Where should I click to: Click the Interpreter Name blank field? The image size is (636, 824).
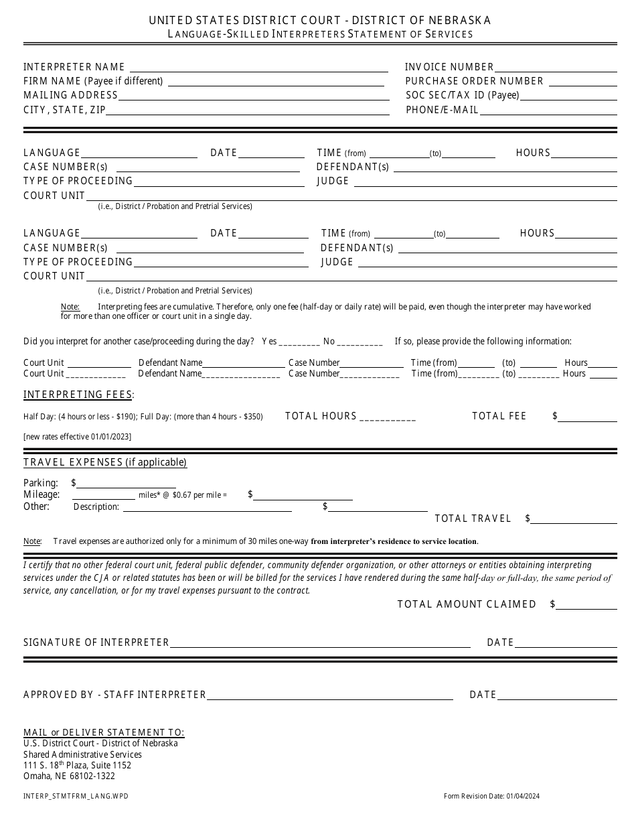pyautogui.click(x=259, y=68)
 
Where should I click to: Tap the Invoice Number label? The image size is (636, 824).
pyautogui.click(x=449, y=67)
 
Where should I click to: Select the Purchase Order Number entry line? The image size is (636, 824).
pyautogui.click(x=581, y=81)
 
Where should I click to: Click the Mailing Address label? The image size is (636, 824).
pyautogui.click(x=70, y=95)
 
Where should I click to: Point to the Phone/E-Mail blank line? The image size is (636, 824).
pyautogui.click(x=548, y=110)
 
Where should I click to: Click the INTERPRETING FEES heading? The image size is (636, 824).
pyautogui.click(x=78, y=394)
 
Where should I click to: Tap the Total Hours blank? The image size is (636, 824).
pyautogui.click(x=388, y=417)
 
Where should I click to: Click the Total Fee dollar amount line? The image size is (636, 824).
pyautogui.click(x=588, y=417)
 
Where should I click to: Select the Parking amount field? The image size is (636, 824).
pyautogui.click(x=127, y=484)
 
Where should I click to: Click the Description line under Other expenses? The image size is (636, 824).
pyautogui.click(x=207, y=507)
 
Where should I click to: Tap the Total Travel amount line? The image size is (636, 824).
pyautogui.click(x=575, y=519)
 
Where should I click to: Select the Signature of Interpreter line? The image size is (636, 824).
pyautogui.click(x=320, y=643)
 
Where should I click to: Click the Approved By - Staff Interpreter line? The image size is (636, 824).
pyautogui.click(x=330, y=695)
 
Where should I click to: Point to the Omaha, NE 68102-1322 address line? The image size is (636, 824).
pyautogui.click(x=69, y=776)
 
